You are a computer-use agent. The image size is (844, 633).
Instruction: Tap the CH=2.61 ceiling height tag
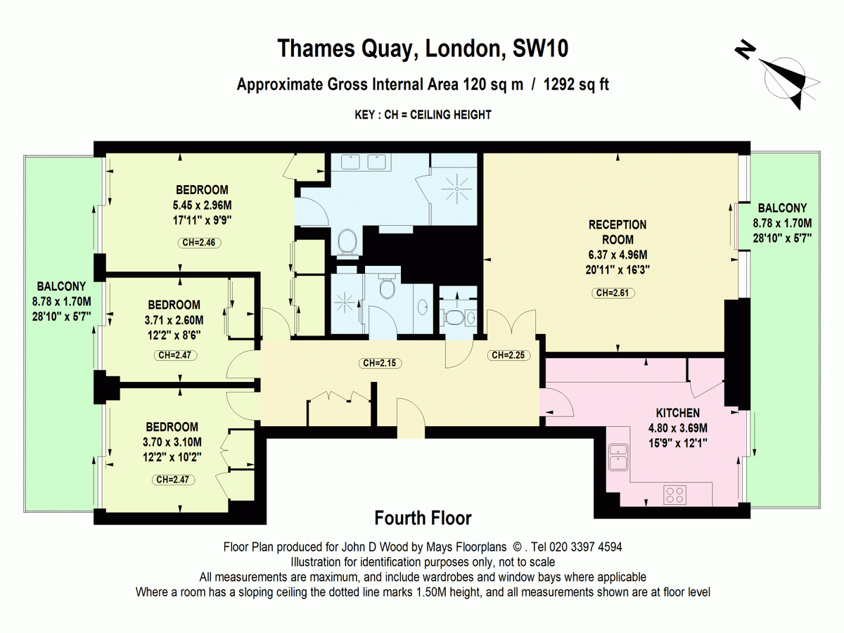(613, 293)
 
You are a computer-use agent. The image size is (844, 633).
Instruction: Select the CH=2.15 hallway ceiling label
(380, 363)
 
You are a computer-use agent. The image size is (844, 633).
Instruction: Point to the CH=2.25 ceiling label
(509, 355)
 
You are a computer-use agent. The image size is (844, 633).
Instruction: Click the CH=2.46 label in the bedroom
(199, 243)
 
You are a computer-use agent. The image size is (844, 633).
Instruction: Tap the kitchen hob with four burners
(675, 494)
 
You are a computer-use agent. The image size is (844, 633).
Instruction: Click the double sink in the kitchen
(618, 457)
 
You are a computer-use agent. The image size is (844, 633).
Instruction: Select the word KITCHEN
(677, 413)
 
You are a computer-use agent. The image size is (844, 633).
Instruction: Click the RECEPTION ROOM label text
(618, 232)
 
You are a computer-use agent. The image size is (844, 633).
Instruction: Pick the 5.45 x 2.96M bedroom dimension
(203, 205)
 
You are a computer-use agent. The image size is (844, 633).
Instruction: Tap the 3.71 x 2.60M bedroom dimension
(174, 320)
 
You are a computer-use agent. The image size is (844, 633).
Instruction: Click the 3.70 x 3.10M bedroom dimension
(172, 442)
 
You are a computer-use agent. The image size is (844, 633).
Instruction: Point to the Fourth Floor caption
(423, 518)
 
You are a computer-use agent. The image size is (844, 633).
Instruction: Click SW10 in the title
(540, 49)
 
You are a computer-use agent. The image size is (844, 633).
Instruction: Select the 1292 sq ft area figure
(576, 84)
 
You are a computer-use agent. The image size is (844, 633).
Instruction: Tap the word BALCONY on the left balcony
(61, 286)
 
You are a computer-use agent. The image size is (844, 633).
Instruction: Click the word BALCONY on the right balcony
(782, 208)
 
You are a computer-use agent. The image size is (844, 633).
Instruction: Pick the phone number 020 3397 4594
(586, 547)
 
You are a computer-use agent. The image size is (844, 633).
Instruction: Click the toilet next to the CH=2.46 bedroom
(347, 242)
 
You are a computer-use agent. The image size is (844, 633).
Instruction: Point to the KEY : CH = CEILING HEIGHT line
(423, 115)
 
